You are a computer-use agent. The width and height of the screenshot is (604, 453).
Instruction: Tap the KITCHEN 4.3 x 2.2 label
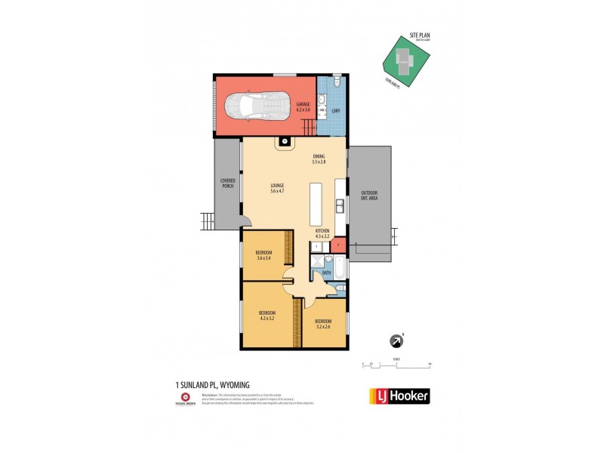[323, 234]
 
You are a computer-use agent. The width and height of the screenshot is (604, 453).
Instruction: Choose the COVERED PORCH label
[226, 183]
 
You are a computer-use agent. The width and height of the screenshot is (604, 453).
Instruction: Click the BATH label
[327, 272]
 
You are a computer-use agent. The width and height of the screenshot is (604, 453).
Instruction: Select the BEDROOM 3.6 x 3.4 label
[263, 255]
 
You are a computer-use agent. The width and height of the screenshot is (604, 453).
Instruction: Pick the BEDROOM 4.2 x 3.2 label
[267, 315]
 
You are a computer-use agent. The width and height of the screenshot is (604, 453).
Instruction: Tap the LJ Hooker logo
[399, 396]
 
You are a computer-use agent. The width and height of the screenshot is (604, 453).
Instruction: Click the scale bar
[396, 365]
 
